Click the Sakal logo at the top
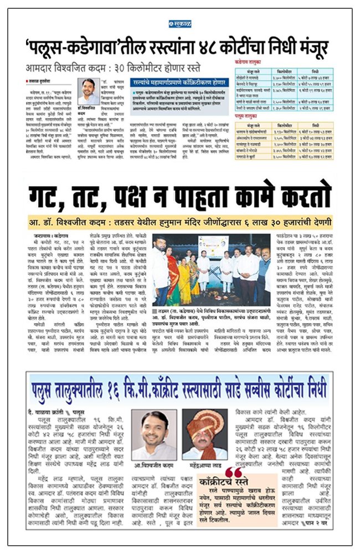[179, 24]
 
